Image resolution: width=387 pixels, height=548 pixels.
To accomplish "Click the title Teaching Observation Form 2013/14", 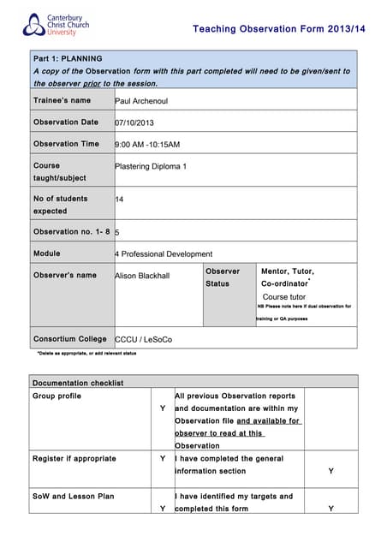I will (x=272, y=29).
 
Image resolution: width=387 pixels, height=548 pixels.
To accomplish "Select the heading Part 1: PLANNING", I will (x=68, y=59).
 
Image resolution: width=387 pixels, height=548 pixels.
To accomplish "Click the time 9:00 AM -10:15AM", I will (x=147, y=145).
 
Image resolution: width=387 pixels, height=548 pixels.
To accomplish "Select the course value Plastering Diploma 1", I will (x=150, y=166).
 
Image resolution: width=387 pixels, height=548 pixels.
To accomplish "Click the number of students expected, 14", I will (x=119, y=199).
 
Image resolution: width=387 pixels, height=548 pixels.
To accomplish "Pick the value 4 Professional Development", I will (x=164, y=253).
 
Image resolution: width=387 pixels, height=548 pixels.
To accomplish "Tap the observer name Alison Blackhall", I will (x=142, y=276).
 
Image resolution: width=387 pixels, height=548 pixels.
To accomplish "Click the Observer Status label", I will (x=223, y=277).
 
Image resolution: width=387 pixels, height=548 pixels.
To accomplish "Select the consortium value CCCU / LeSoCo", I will (x=143, y=339).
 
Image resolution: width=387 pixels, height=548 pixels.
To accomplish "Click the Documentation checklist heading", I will (x=78, y=383).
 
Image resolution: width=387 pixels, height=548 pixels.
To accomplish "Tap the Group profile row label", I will (x=57, y=396).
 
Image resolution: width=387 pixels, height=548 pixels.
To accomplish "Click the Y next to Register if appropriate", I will (x=163, y=458).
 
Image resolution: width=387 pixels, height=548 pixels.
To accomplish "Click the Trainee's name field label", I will (x=62, y=100).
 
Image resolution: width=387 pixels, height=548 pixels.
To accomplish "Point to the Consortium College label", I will (x=70, y=339).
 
